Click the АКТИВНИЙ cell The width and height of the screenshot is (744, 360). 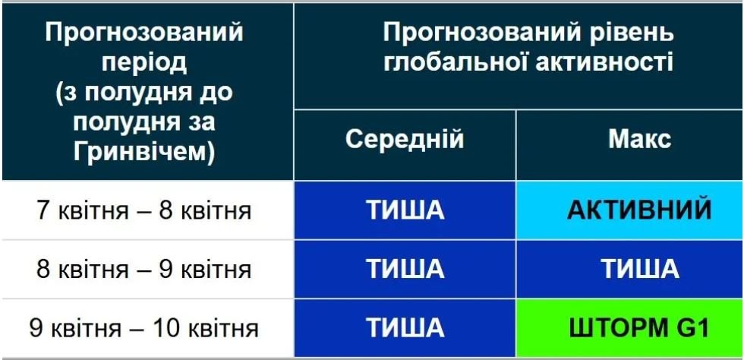pyautogui.click(x=629, y=210)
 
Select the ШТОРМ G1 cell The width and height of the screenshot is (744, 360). pyautogui.click(x=629, y=328)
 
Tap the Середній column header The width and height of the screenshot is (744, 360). pyautogui.click(x=404, y=140)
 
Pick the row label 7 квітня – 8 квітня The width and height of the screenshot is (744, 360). pyautogui.click(x=143, y=210)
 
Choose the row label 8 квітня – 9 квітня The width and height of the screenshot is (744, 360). pyautogui.click(x=143, y=270)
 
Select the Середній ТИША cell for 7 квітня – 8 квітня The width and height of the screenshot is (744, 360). pyautogui.click(x=405, y=210)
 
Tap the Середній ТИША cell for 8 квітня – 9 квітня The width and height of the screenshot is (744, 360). pyautogui.click(x=405, y=269)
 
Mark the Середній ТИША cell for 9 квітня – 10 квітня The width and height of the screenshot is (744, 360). pyautogui.click(x=405, y=328)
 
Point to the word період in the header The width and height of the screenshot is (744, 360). pyautogui.click(x=144, y=63)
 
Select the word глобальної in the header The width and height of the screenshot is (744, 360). pyautogui.click(x=455, y=62)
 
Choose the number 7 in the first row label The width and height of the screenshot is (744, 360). pyautogui.click(x=43, y=210)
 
